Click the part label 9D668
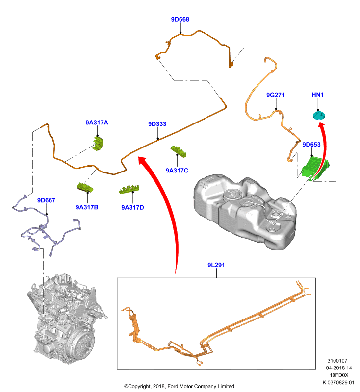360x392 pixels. point(180,19)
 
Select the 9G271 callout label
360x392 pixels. point(276,95)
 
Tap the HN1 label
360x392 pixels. point(317,95)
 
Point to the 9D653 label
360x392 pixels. point(311,145)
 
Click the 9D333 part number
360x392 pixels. point(157,124)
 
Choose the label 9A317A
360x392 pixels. point(97,122)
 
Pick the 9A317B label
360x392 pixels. point(87,207)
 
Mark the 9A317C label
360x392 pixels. point(177,171)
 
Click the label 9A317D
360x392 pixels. point(132,207)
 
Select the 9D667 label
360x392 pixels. point(46,200)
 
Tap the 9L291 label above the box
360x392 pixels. point(216,265)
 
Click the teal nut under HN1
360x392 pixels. point(319,115)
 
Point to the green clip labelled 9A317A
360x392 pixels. point(98,144)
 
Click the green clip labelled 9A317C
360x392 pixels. point(179,151)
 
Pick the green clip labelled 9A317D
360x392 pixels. point(129,190)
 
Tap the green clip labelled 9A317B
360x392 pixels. point(85,187)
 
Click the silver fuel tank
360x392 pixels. point(244,210)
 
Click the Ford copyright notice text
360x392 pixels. point(179,386)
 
